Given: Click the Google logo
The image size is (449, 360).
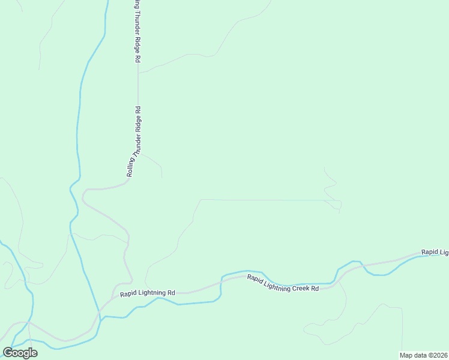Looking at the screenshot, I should tap(20, 353).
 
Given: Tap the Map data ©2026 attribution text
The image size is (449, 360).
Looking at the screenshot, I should tap(424, 355).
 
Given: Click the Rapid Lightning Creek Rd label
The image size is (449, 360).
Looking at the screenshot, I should tap(282, 283).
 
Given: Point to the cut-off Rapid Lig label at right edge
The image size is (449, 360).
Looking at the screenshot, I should tap(435, 252).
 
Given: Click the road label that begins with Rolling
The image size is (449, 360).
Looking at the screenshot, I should tap(134, 142).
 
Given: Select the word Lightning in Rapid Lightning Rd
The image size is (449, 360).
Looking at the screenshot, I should tap(152, 293).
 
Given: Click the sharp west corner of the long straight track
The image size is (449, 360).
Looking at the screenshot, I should tap(200, 200).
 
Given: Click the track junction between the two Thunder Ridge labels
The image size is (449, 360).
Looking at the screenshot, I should tap(138, 73).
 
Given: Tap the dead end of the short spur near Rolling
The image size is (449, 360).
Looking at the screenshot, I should tap(161, 177).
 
